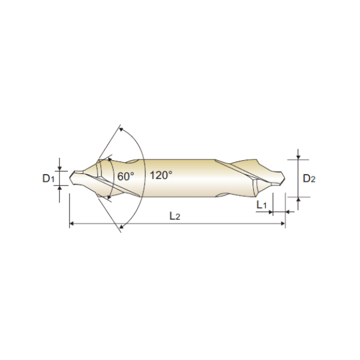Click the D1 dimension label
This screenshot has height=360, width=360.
[49, 178]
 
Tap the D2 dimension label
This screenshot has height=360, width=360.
[309, 178]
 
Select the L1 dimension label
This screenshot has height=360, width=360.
[262, 205]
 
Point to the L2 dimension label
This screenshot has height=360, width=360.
[175, 216]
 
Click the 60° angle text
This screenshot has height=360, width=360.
[125, 176]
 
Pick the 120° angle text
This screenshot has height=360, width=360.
[161, 175]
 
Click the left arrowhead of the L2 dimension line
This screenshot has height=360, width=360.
[71, 223]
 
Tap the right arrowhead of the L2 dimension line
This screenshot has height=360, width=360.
[283, 223]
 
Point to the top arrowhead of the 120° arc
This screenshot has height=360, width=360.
[121, 130]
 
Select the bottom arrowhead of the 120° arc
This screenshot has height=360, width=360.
[122, 227]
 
